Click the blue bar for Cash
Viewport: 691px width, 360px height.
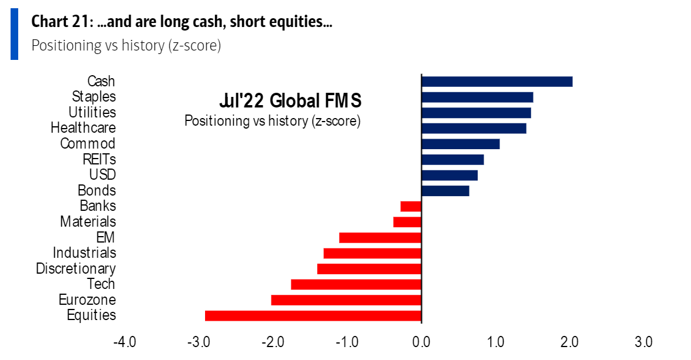pyautogui.click(x=497, y=81)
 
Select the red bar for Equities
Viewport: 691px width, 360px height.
pyautogui.click(x=313, y=315)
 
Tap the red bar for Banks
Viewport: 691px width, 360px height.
pyautogui.click(x=411, y=206)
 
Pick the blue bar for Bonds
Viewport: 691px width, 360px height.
pyautogui.click(x=445, y=190)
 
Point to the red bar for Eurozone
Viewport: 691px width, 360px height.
pyautogui.click(x=346, y=300)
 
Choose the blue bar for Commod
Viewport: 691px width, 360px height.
pyautogui.click(x=460, y=144)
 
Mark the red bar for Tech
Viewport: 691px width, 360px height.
pyautogui.click(x=356, y=284)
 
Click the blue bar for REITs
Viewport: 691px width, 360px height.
pyautogui.click(x=452, y=159)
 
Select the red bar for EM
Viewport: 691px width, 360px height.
pyautogui.click(x=380, y=237)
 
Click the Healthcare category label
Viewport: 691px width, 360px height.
pyautogui.click(x=83, y=127)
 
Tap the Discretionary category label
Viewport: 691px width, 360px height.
pyautogui.click(x=76, y=268)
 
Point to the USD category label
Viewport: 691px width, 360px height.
pyautogui.click(x=102, y=174)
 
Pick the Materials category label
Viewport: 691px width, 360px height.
pyautogui.click(x=88, y=221)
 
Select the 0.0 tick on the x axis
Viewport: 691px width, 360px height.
pyautogui.click(x=421, y=342)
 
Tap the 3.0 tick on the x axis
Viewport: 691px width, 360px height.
pyautogui.click(x=643, y=342)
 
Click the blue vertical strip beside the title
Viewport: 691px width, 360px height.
pyautogui.click(x=14, y=33)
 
